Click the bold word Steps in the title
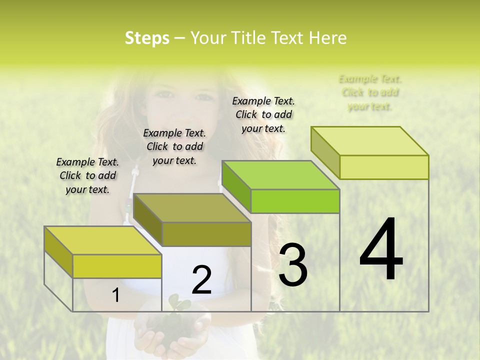click(147, 38)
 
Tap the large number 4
click(381, 250)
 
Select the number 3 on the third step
click(293, 265)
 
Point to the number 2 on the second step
click(201, 280)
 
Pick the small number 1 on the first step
click(116, 295)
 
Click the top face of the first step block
click(102, 240)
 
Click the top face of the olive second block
click(192, 208)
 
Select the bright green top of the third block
click(280, 175)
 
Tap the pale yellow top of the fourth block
click(370, 140)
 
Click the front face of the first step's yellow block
click(117, 266)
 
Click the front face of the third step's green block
click(295, 201)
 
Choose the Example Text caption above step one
click(87, 175)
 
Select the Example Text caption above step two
click(174, 146)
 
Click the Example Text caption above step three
click(263, 114)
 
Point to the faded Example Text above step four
click(370, 92)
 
